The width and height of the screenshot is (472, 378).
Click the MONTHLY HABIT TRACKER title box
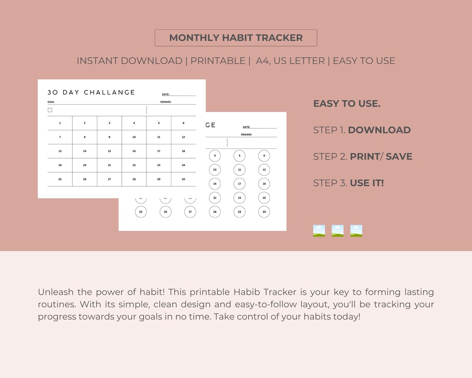[236, 38]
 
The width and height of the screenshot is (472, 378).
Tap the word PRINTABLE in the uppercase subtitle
[218, 61]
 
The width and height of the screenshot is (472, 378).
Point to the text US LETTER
[299, 61]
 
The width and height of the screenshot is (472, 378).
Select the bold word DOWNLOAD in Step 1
[379, 130]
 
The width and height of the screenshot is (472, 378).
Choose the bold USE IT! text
[367, 183]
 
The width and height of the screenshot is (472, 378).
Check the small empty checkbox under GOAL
[50, 110]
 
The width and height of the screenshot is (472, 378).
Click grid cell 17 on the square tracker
[159, 151]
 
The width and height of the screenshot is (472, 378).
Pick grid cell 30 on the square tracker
[183, 179]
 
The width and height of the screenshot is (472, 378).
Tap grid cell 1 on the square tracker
[60, 123]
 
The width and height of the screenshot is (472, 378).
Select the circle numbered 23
[239, 198]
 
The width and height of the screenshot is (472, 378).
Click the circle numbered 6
[264, 156]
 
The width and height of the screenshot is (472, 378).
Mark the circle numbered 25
[141, 212]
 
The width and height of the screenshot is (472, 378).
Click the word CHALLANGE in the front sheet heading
[110, 92]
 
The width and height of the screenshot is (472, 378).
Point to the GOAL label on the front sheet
[51, 102]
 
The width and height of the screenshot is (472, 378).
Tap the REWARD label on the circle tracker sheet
[246, 135]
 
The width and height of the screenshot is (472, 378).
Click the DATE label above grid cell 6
[166, 94]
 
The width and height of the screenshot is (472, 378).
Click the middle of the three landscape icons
[337, 231]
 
